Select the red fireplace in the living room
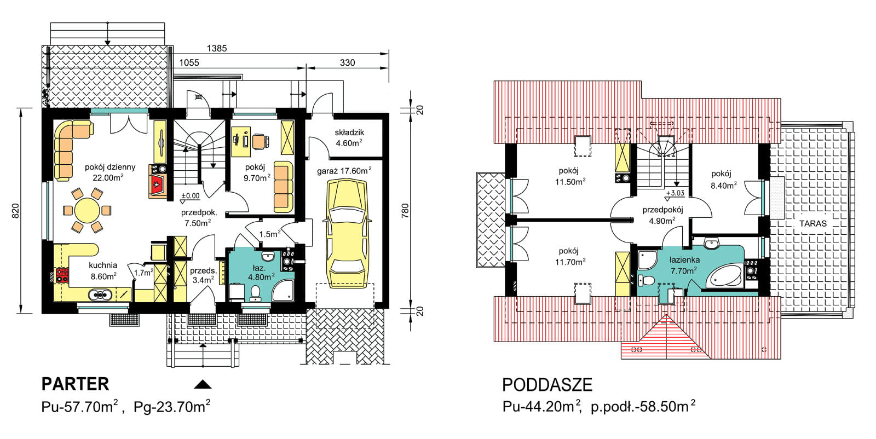(x=157, y=185)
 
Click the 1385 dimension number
(x=217, y=48)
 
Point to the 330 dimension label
(x=347, y=62)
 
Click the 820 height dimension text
(x=15, y=211)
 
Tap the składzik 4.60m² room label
(x=349, y=138)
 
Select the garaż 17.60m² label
(x=344, y=171)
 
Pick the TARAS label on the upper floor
(x=812, y=223)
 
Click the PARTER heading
(x=76, y=384)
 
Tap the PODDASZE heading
(x=547, y=385)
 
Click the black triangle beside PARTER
(x=203, y=384)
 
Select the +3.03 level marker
(x=675, y=193)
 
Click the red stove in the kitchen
(x=61, y=275)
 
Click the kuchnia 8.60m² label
(x=103, y=271)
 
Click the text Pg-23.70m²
(x=172, y=407)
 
